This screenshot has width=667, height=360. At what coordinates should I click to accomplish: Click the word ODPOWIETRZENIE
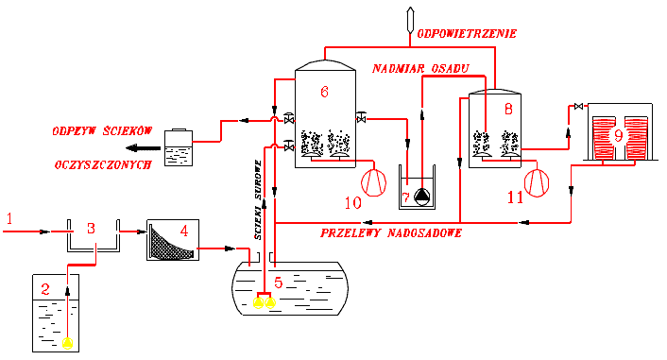click(x=467, y=34)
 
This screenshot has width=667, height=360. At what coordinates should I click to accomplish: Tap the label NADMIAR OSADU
click(x=420, y=69)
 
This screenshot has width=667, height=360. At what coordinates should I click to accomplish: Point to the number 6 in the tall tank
click(x=324, y=92)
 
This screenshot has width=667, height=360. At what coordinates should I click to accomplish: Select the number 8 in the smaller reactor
click(x=508, y=110)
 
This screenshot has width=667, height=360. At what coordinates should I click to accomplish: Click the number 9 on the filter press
click(x=618, y=135)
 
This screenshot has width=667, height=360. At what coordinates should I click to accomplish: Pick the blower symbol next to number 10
click(x=373, y=182)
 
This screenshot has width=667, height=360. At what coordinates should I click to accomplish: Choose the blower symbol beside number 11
click(x=537, y=183)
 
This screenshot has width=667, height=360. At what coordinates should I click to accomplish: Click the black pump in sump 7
click(x=422, y=197)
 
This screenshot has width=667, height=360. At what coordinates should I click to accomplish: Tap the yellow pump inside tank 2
click(x=68, y=343)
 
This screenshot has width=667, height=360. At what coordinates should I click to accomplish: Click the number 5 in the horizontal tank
click(x=278, y=283)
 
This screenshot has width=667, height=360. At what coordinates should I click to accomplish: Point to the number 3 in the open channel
click(x=91, y=229)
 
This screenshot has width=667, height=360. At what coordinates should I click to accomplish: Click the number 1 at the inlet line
click(x=9, y=218)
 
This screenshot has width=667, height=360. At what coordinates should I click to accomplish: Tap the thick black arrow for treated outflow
click(x=143, y=148)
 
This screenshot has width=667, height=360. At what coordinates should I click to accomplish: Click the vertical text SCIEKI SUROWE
click(x=258, y=199)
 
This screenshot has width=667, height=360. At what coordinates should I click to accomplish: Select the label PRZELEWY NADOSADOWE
click(x=391, y=232)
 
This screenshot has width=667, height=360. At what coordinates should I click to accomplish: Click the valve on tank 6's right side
click(x=361, y=117)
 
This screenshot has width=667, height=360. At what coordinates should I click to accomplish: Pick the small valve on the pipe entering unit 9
click(x=578, y=106)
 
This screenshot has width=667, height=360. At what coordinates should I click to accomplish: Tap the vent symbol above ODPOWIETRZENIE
click(x=410, y=20)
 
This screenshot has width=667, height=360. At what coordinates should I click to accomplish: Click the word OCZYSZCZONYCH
click(x=103, y=164)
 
